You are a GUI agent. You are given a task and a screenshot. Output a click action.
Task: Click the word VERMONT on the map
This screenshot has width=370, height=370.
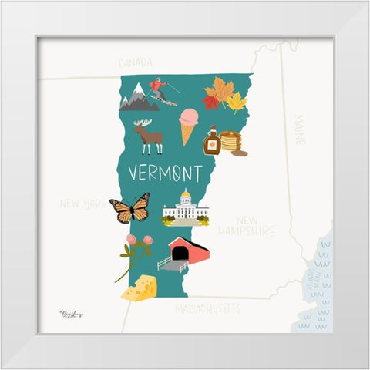pyautogui.click(x=164, y=171)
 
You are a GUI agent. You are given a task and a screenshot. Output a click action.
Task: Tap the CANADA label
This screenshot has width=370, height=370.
pyautogui.click(x=136, y=62)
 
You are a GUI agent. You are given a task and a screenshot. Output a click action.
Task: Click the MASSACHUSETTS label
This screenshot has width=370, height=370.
pyautogui.click(x=207, y=308)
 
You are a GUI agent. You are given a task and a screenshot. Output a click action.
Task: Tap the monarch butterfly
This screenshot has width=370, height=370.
pyautogui.click(x=129, y=208)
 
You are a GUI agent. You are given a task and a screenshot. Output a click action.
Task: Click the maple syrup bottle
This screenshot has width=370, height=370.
pyautogui.click(x=211, y=142)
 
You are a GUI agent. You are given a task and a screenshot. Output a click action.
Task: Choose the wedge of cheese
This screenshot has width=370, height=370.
pyautogui.click(x=140, y=288)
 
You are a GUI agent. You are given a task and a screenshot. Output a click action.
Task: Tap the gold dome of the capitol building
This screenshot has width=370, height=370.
pyautogui.click(x=185, y=196)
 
